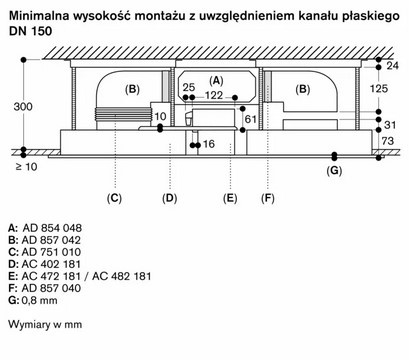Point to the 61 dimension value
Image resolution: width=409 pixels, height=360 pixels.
[x=249, y=120]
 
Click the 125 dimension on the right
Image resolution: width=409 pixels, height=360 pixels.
[x=378, y=89]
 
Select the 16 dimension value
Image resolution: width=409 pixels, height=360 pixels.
[x=208, y=145]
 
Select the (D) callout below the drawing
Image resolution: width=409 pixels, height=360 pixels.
[x=169, y=197]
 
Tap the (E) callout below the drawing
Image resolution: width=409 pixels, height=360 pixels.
[x=229, y=197]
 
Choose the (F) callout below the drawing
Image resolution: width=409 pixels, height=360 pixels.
[x=267, y=197]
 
